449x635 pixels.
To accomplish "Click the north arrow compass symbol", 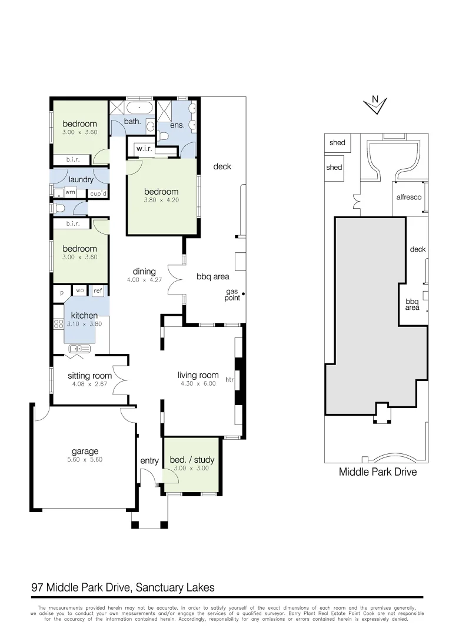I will pos(375,104).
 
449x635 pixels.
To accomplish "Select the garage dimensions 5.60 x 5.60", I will pos(85,460).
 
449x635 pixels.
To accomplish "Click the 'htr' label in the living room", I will pos(230,380).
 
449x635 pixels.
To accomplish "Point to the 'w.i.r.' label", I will pos(144,149).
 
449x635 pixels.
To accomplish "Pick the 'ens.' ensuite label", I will pos(177,125).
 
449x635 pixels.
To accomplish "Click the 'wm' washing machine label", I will pos(70,192).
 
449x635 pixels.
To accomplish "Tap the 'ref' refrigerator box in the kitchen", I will pos(98,290).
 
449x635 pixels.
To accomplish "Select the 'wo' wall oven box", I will pos(79,290).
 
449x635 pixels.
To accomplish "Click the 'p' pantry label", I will pos(61,292).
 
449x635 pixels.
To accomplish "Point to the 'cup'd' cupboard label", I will pos(98,193).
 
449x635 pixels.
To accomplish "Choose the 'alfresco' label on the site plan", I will pos(408,198).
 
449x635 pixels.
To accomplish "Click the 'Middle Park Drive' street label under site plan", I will pos(377,472).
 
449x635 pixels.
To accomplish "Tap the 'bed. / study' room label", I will pos(192,459).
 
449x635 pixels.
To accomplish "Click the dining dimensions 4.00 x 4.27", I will pos(144,280).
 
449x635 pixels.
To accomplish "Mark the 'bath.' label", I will pos(132,122).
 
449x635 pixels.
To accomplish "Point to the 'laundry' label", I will pos(81,180).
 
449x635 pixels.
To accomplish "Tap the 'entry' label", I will pos(149,461).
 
